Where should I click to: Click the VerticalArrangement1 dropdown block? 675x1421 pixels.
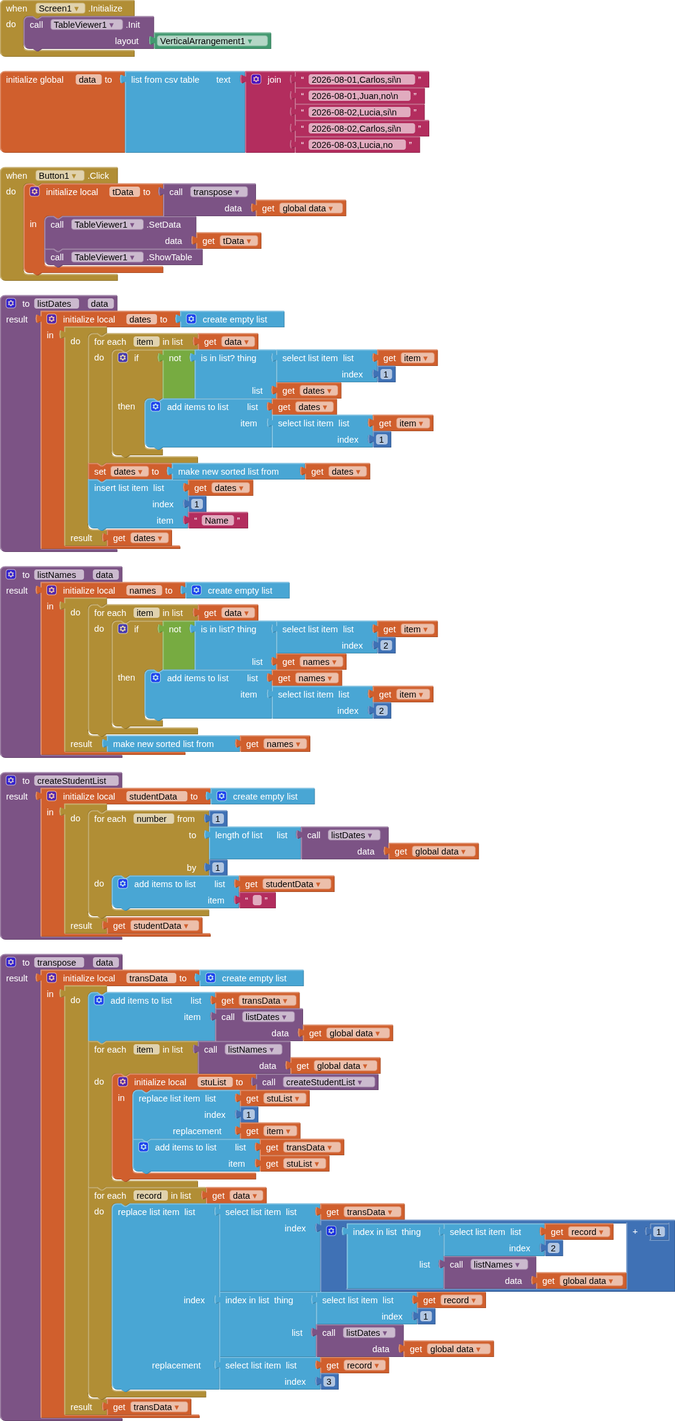pyautogui.click(x=213, y=41)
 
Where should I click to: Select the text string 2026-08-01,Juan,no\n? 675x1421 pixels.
pyautogui.click(x=354, y=96)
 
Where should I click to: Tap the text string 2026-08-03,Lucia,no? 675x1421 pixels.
pyautogui.click(x=352, y=145)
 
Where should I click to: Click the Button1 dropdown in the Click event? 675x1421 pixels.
pyautogui.click(x=59, y=176)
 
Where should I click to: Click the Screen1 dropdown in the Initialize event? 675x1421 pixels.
pyautogui.click(x=60, y=8)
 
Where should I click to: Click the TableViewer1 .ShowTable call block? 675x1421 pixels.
pyautogui.click(x=124, y=257)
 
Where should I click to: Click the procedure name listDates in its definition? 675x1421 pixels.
pyautogui.click(x=54, y=304)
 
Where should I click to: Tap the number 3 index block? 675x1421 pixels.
pyautogui.click(x=329, y=1382)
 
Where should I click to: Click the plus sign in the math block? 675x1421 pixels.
pyautogui.click(x=635, y=1231)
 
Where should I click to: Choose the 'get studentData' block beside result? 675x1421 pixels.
pyautogui.click(x=154, y=926)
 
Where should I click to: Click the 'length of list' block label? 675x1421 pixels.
pyautogui.click(x=238, y=835)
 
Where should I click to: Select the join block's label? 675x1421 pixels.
pyautogui.click(x=274, y=80)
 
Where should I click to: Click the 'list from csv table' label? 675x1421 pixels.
pyautogui.click(x=165, y=80)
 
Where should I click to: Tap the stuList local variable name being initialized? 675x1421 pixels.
pyautogui.click(x=213, y=1082)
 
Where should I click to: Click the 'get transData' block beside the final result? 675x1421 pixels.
pyautogui.click(x=149, y=1407)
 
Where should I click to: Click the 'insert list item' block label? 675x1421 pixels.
pyautogui.click(x=121, y=488)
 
